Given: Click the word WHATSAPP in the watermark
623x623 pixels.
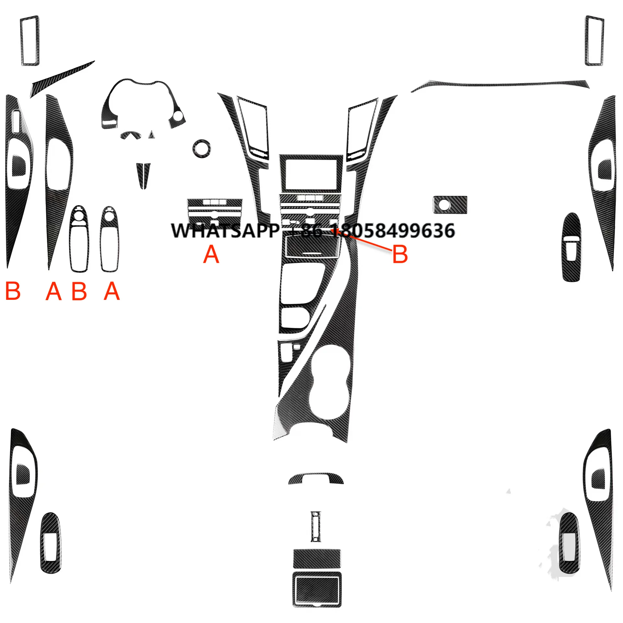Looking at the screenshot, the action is pyautogui.click(x=225, y=231).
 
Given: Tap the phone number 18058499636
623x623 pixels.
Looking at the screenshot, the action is pyautogui.click(x=393, y=231).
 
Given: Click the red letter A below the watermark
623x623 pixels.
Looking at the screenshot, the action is pyautogui.click(x=211, y=254).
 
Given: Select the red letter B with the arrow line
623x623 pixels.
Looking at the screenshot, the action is pyautogui.click(x=400, y=254).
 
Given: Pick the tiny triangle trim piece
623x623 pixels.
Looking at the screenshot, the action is pyautogui.click(x=151, y=134).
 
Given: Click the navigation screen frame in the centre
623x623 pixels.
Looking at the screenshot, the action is pyautogui.click(x=311, y=174).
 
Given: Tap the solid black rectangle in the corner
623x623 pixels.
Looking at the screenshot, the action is pyautogui.click(x=485, y=597).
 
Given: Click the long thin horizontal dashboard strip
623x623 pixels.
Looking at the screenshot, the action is pyautogui.click(x=500, y=85).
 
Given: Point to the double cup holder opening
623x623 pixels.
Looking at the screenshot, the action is pyautogui.click(x=329, y=383).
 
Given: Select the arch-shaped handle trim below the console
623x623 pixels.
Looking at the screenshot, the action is pyautogui.click(x=315, y=479).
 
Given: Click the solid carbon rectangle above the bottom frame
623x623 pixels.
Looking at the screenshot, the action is pyautogui.click(x=317, y=558).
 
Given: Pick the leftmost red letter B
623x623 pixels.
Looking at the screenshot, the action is pyautogui.click(x=13, y=291).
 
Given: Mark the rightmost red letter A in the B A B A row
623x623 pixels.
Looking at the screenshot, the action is pyautogui.click(x=112, y=291).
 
